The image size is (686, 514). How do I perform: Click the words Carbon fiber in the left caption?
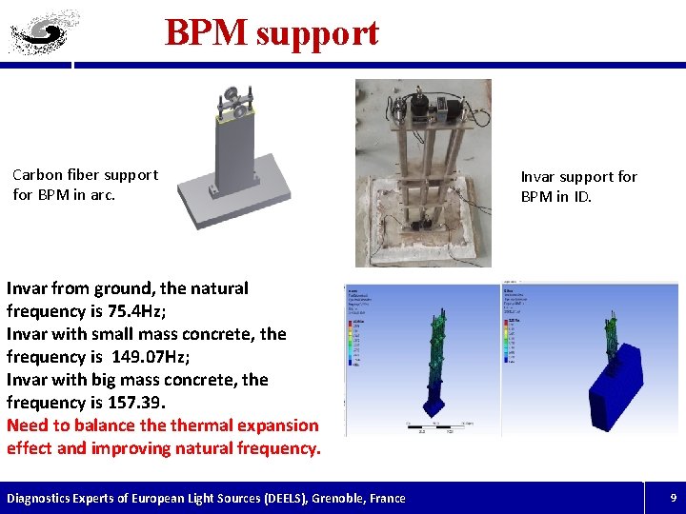coord(58,175)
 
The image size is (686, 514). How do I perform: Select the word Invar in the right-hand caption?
coord(539,177)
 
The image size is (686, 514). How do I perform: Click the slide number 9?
coord(673,498)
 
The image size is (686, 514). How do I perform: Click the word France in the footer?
coord(382,499)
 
